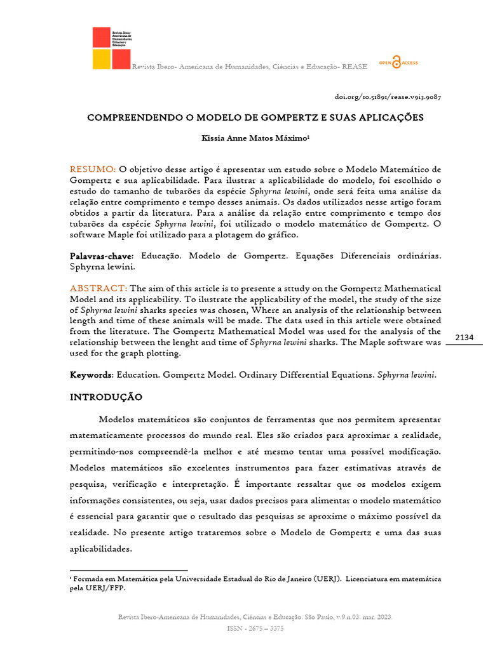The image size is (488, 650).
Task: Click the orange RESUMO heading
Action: click(92, 169)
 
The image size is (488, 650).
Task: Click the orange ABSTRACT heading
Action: click(98, 288)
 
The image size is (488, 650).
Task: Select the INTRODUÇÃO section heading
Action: click(105, 397)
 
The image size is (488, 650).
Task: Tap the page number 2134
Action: click(464, 337)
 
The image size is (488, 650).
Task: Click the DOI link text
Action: click(388, 97)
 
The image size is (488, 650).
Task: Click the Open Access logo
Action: click(398, 62)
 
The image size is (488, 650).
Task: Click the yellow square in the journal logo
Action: click(102, 60)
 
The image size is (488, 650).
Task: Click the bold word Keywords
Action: click(90, 375)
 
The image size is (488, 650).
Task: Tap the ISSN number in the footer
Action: click(255, 628)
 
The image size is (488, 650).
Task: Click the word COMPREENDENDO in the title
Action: click(127, 118)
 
